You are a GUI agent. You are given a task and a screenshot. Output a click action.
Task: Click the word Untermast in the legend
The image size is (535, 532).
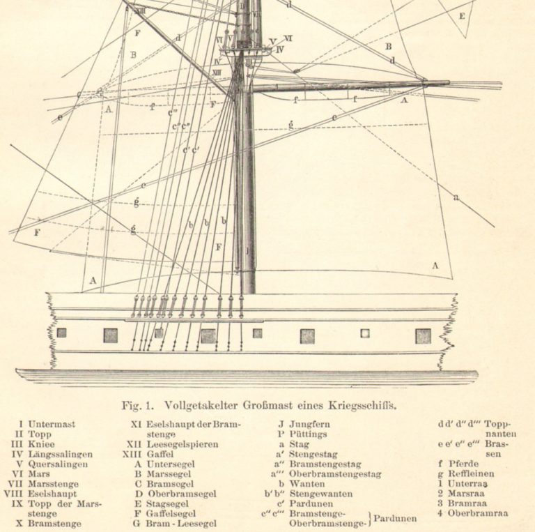click(x=52, y=423)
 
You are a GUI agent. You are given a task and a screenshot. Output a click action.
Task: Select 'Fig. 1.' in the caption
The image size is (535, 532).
click(x=139, y=404)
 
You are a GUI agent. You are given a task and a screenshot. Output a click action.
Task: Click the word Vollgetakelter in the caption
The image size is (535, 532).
click(x=199, y=404)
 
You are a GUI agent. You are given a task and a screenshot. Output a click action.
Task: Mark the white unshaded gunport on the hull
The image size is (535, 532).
click(x=364, y=333)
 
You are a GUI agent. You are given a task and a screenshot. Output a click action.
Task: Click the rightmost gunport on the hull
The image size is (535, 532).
click(x=423, y=335)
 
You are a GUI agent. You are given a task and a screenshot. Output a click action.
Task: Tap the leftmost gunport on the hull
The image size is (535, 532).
click(x=62, y=333)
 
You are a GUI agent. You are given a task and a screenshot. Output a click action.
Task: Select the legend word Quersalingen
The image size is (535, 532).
click(x=57, y=464)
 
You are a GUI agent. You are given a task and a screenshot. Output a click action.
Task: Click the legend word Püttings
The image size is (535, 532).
click(x=309, y=433)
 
